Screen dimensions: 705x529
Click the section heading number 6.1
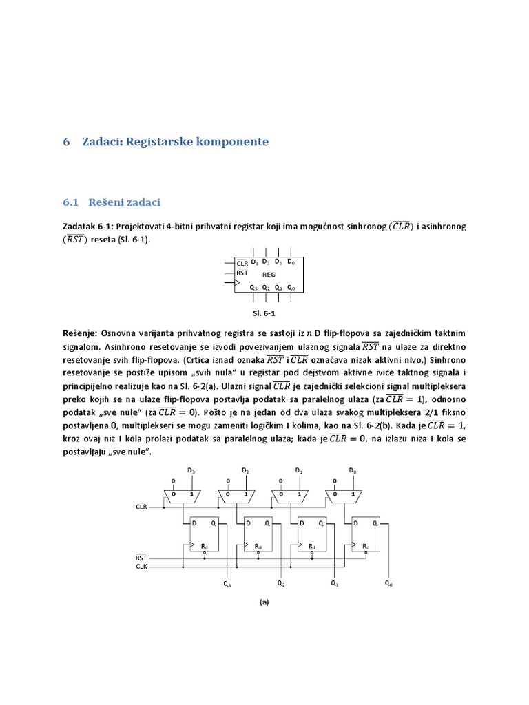click(72, 202)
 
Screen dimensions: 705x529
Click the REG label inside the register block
click(269, 275)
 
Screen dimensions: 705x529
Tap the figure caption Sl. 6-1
click(264, 312)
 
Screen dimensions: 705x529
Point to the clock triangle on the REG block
click(238, 282)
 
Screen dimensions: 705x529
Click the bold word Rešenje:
click(82, 333)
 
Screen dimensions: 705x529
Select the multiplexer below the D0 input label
click(346, 494)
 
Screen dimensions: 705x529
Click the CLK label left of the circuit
click(141, 567)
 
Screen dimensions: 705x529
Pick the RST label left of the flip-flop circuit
click(141, 557)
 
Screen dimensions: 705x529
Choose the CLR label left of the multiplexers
click(141, 507)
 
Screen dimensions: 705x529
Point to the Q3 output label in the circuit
click(227, 584)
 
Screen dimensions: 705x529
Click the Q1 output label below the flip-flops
click(335, 584)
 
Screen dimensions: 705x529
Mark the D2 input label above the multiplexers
click(245, 470)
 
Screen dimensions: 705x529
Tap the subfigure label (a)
click(264, 602)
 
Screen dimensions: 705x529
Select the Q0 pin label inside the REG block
click(291, 288)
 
